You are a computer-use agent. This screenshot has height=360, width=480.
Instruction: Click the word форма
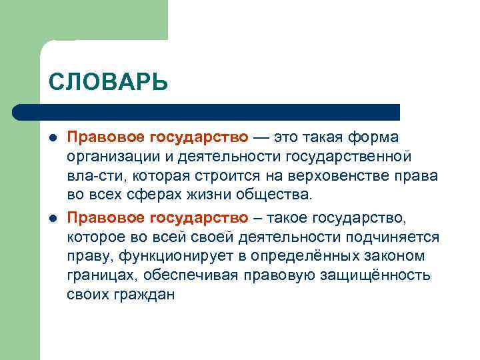[x=378, y=137]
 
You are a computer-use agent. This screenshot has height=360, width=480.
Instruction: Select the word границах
[x=97, y=275]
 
